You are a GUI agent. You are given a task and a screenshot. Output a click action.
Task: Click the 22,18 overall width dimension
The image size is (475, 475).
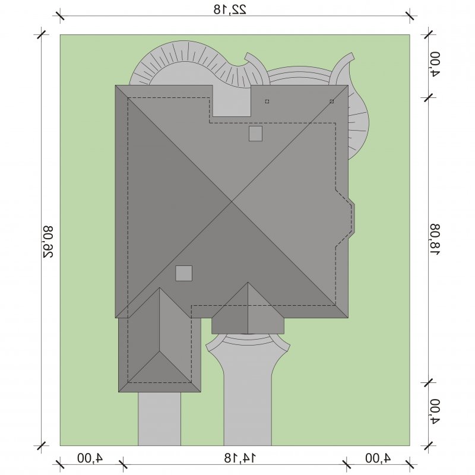(230, 9)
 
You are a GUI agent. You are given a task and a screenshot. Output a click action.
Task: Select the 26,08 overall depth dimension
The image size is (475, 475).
(47, 242)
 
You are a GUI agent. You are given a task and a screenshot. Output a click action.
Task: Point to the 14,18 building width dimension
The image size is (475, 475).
(240, 458)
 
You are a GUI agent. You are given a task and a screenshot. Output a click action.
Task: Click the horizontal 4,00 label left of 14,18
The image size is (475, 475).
(90, 458)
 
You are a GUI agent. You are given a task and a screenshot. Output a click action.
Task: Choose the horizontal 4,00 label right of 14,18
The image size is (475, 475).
(378, 458)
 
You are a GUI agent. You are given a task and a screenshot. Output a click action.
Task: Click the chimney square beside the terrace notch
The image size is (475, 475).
(255, 134)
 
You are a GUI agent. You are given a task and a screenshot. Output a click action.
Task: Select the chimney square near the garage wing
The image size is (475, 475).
(184, 273)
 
